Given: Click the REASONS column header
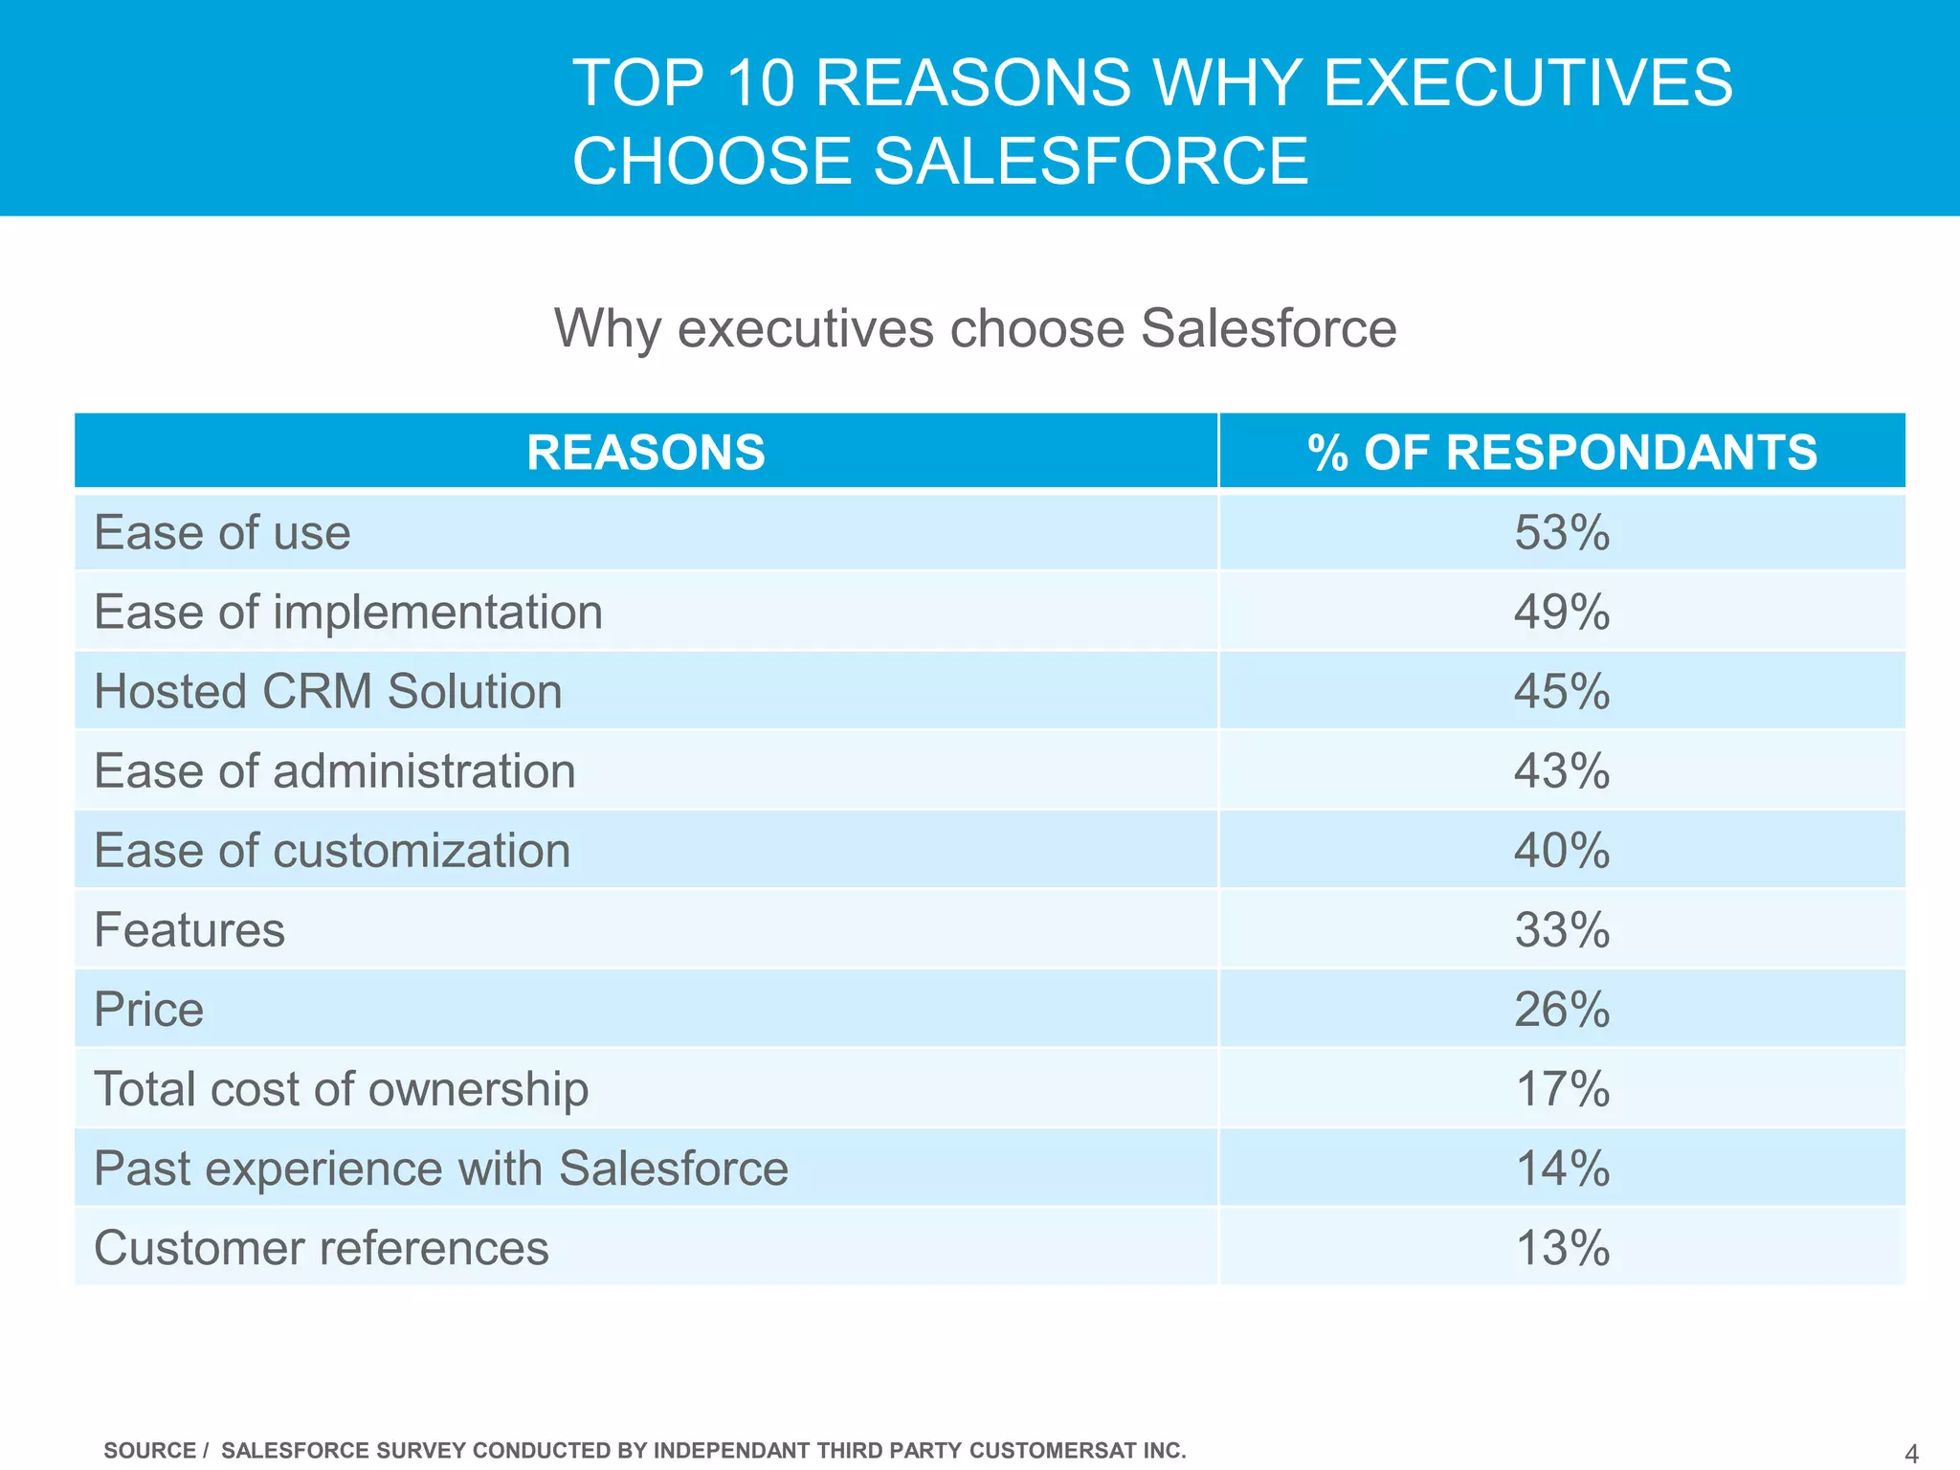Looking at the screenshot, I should (646, 452).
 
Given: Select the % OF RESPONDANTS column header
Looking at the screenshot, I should (1562, 452).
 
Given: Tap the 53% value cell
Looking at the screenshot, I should (1562, 532).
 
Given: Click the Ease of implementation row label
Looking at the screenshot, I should (348, 612).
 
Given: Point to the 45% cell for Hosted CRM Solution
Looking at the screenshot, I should (1562, 691).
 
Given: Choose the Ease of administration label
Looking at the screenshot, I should (335, 770).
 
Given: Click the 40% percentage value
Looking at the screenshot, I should (1562, 850).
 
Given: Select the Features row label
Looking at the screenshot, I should (189, 929).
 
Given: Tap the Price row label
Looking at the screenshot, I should (149, 1009).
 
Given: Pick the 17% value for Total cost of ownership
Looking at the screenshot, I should (1562, 1089).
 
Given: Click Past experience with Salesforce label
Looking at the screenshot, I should (441, 1169).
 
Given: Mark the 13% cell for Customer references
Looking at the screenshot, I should (1562, 1248).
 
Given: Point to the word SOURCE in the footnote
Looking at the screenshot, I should (149, 1451).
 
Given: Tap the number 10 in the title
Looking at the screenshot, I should (760, 82).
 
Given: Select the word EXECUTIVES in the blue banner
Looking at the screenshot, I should (1527, 82).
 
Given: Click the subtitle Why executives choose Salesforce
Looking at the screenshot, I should (975, 328).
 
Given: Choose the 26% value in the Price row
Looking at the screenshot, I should (1562, 1009).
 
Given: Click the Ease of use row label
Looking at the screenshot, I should (222, 532).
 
